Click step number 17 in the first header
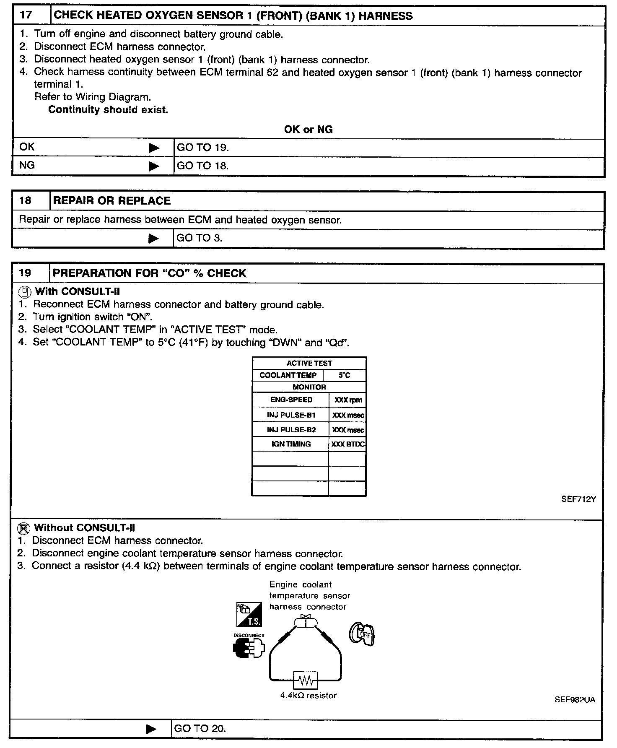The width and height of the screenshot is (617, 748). pos(26,16)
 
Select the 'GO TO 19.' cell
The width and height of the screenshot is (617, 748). pos(203,148)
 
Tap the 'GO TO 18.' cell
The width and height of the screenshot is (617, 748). pos(203,166)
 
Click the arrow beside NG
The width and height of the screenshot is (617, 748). pos(154,166)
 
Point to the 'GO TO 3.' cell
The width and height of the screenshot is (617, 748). pos(200,238)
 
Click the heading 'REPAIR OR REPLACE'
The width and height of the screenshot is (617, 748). pos(112,201)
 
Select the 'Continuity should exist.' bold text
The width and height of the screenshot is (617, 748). pos(108,110)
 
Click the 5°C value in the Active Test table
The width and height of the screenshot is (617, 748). pos(345,375)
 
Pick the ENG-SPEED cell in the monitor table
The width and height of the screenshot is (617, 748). pos(291,400)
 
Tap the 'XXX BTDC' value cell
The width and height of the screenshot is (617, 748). pos(348,444)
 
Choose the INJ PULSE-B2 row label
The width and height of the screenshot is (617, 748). pos(291,430)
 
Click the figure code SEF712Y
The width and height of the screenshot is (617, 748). pos(578,499)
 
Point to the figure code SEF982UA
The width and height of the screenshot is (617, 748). pos(575,700)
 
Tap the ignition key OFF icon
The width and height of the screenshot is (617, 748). pos(362,634)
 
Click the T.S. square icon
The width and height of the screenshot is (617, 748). pos(249,615)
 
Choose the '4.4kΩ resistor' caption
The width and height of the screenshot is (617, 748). pos(308,696)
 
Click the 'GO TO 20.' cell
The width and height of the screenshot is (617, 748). pos(200,729)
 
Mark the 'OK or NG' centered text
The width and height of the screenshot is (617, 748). pos(308,130)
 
